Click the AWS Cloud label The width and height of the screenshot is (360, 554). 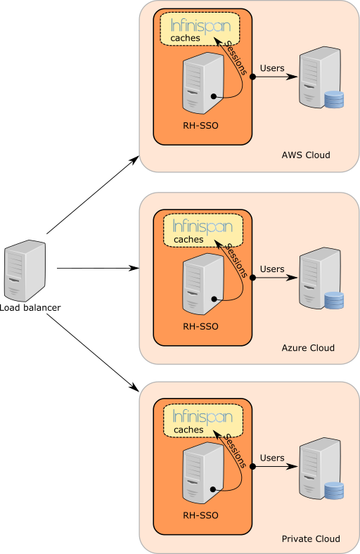pos(305,155)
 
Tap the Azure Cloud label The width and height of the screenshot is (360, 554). pos(307,348)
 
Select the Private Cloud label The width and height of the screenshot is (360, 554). pos(310,539)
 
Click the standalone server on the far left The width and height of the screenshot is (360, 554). pos(25,271)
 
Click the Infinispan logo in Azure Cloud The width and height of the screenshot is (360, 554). pos(202,226)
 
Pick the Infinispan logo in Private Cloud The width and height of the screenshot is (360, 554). pos(202,417)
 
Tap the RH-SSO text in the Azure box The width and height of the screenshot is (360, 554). pos(200,326)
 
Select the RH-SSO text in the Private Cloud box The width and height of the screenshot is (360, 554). pos(200,515)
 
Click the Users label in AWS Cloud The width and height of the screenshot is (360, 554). pos(272,68)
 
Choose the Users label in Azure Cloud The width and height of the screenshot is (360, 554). pos(272,269)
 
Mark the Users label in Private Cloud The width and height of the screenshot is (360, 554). pos(272,458)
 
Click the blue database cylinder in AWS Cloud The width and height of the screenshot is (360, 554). pos(334,99)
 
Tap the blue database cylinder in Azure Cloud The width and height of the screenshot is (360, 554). pos(334,300)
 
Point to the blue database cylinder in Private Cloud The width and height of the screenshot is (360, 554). pos(334,489)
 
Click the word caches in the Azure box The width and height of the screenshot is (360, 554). pos(188,240)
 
